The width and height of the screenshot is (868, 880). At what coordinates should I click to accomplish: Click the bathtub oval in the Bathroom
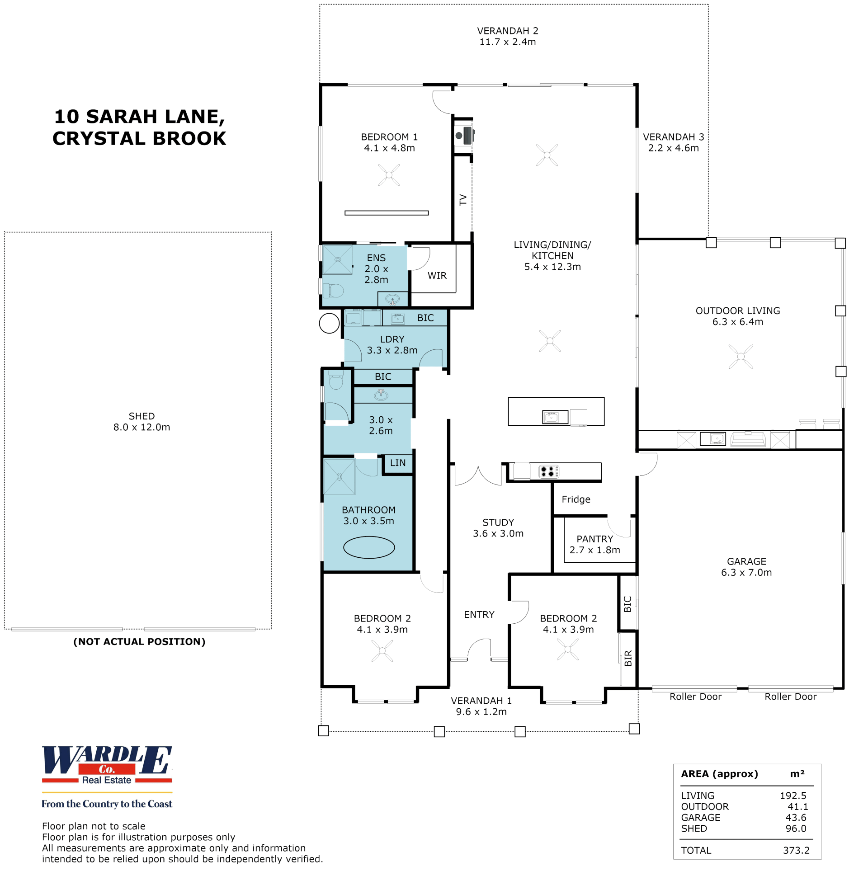point(368,547)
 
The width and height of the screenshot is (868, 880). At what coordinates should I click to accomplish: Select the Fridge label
point(576,499)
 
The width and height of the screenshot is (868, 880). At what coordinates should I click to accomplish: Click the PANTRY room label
point(594,539)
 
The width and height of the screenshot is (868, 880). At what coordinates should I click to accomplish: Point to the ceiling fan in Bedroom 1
point(389,175)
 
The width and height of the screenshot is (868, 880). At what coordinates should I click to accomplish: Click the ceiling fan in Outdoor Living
point(741,356)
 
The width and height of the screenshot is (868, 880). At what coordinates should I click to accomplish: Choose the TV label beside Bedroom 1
point(463,200)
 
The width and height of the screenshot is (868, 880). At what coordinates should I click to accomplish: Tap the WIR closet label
point(437,276)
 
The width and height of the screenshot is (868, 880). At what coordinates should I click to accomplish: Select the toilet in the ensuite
point(333,290)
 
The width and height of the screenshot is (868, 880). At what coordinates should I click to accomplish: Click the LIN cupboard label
point(398,463)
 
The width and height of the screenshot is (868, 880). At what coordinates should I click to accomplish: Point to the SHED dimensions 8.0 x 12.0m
point(142,427)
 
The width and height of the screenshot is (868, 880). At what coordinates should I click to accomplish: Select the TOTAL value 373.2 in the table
point(796,850)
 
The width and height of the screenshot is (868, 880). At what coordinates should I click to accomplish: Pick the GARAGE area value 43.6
point(796,818)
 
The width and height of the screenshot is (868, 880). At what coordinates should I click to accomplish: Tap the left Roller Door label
point(695,696)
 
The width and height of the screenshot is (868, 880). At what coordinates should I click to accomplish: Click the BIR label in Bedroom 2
point(628,658)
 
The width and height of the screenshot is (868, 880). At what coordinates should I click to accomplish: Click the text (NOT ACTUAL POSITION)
point(139,641)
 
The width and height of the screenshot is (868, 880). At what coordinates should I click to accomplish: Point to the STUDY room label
point(498,522)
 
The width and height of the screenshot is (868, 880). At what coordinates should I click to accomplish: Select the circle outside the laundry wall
point(329,324)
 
